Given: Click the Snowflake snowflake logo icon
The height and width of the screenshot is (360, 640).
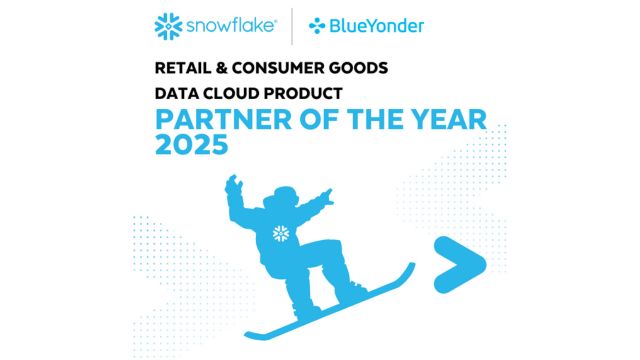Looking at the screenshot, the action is tap(168, 27).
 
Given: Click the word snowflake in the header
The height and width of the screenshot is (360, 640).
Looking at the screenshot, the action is tap(231, 26).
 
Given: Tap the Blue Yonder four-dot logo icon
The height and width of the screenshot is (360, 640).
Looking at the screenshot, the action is tap(317, 26).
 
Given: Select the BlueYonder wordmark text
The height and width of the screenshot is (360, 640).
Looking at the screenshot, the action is tap(377, 26).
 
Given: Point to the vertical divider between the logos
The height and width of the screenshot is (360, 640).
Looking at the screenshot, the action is tap(292, 26).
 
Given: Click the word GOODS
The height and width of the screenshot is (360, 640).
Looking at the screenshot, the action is tap(358, 68).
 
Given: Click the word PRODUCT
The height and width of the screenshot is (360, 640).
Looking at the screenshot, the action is tap(303, 93).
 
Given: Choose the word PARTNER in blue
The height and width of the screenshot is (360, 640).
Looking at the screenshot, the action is tap(224, 120).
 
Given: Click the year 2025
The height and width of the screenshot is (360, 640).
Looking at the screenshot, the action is tap(191, 145).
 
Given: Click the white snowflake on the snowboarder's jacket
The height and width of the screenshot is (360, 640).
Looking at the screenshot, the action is tap(281, 234).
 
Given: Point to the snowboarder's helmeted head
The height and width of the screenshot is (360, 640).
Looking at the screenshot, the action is tap(283, 197).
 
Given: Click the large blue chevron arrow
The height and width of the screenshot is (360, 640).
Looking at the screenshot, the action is tap(460, 264).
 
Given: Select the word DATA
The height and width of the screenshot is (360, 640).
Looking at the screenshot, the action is tap(176, 93).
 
